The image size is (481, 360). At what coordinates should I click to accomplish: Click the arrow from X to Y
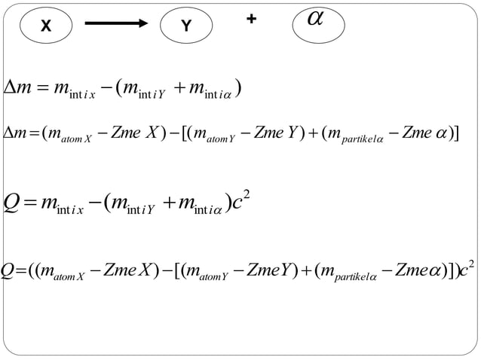pyautogui.click(x=116, y=23)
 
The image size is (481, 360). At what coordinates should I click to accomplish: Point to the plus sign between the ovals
pyautogui.click(x=251, y=19)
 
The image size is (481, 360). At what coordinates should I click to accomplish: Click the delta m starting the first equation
pyautogui.click(x=17, y=87)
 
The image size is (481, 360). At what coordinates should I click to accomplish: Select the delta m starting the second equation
pyautogui.click(x=15, y=133)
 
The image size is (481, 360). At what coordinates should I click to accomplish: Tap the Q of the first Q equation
pyautogui.click(x=11, y=203)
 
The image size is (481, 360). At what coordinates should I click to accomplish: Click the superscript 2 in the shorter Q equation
pyautogui.click(x=246, y=196)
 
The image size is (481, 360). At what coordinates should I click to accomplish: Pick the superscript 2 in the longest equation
pyautogui.click(x=471, y=264)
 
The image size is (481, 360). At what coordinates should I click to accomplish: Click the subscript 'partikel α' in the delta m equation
pyautogui.click(x=363, y=139)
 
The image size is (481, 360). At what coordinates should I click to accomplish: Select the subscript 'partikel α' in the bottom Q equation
pyautogui.click(x=355, y=277)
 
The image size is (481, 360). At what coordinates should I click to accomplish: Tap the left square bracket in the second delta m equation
pyautogui.click(x=184, y=133)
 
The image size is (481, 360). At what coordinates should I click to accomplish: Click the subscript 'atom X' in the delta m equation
pyautogui.click(x=76, y=139)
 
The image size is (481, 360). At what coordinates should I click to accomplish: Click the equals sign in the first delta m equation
pyautogui.click(x=42, y=87)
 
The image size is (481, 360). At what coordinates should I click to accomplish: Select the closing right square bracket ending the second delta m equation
pyautogui.click(x=456, y=133)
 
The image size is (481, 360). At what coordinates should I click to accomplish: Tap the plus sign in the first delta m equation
pyautogui.click(x=179, y=87)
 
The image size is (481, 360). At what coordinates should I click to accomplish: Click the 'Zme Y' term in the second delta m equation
pyautogui.click(x=276, y=133)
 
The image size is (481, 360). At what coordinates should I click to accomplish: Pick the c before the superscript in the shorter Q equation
pyautogui.click(x=237, y=203)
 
